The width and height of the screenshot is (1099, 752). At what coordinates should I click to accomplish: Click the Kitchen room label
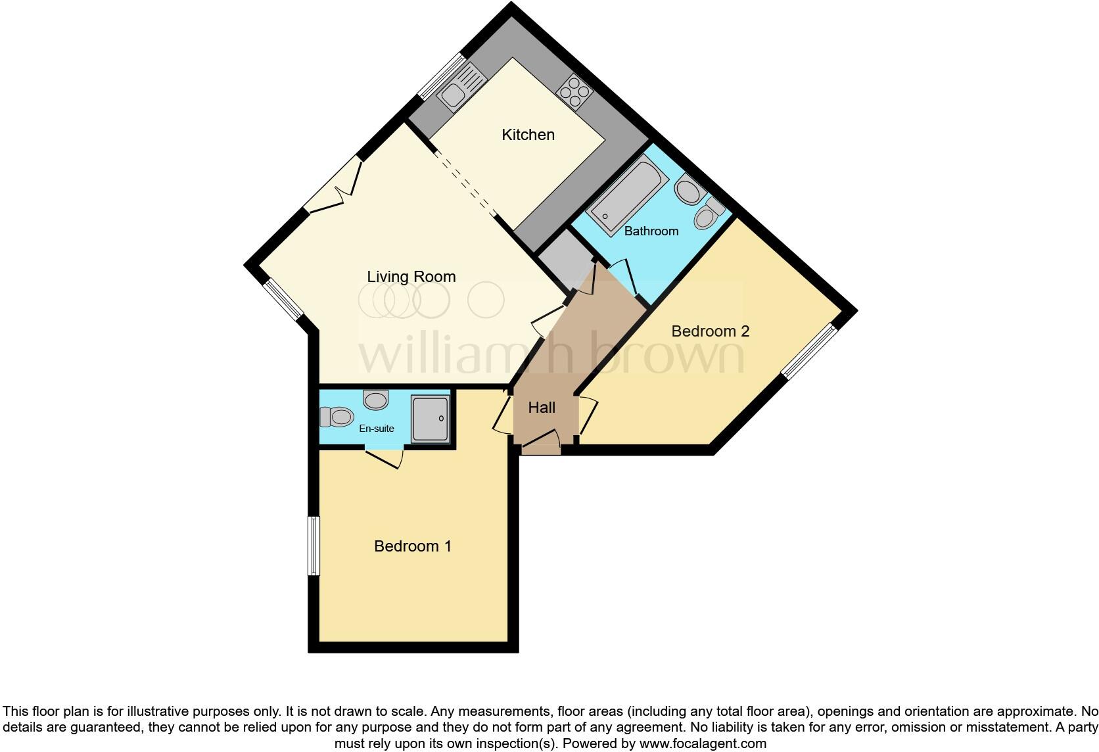[528, 135]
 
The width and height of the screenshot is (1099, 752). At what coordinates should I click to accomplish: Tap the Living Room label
[411, 277]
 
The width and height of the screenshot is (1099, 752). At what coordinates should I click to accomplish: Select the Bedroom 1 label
[412, 546]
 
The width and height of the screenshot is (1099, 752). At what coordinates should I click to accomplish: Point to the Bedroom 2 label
[710, 331]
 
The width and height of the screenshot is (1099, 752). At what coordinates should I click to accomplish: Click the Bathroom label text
[651, 231]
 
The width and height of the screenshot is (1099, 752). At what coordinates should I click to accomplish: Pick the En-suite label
[376, 429]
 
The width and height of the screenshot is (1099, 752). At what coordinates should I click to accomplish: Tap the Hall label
[542, 408]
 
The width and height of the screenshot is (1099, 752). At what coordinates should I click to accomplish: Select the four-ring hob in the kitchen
[574, 91]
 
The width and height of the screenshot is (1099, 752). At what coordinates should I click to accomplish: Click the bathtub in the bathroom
[624, 191]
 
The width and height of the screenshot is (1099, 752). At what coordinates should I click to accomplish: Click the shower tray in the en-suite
[430, 417]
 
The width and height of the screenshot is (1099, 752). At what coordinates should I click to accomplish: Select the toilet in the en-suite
[336, 416]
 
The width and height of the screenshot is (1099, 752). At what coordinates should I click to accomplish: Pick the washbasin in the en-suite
[375, 399]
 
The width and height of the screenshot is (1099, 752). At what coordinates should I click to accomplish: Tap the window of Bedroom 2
[810, 352]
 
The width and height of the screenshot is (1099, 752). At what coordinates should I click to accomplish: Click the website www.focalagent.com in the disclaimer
[702, 744]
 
